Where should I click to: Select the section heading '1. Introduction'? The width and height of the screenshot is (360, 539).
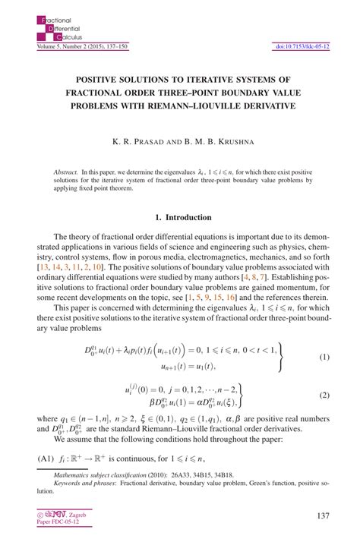coord(180,217)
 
